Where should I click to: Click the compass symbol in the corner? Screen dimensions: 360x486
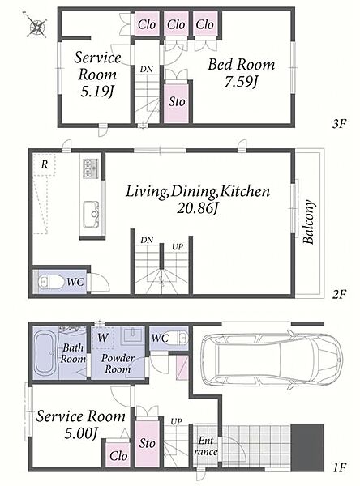point(36,25)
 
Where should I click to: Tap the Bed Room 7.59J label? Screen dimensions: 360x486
point(241,73)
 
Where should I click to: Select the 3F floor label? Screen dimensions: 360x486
point(339,124)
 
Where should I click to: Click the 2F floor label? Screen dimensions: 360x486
point(339,294)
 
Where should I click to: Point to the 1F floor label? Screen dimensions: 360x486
point(339,467)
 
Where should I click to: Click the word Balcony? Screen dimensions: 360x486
point(309,222)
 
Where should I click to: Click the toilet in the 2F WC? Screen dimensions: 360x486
point(50,281)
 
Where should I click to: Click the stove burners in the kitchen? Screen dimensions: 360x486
point(91,168)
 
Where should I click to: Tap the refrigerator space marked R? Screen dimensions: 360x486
point(45,165)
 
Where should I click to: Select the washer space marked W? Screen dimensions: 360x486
point(102,338)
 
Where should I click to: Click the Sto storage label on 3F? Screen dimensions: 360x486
point(177,102)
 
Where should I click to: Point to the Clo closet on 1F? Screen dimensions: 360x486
point(118,455)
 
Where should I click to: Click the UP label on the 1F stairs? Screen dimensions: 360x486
point(176,421)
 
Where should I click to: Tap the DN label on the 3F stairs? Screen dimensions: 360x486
point(146,69)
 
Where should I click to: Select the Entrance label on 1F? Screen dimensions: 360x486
point(206,446)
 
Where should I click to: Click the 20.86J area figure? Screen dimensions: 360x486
point(197,208)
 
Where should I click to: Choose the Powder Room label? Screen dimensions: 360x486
point(118,364)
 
